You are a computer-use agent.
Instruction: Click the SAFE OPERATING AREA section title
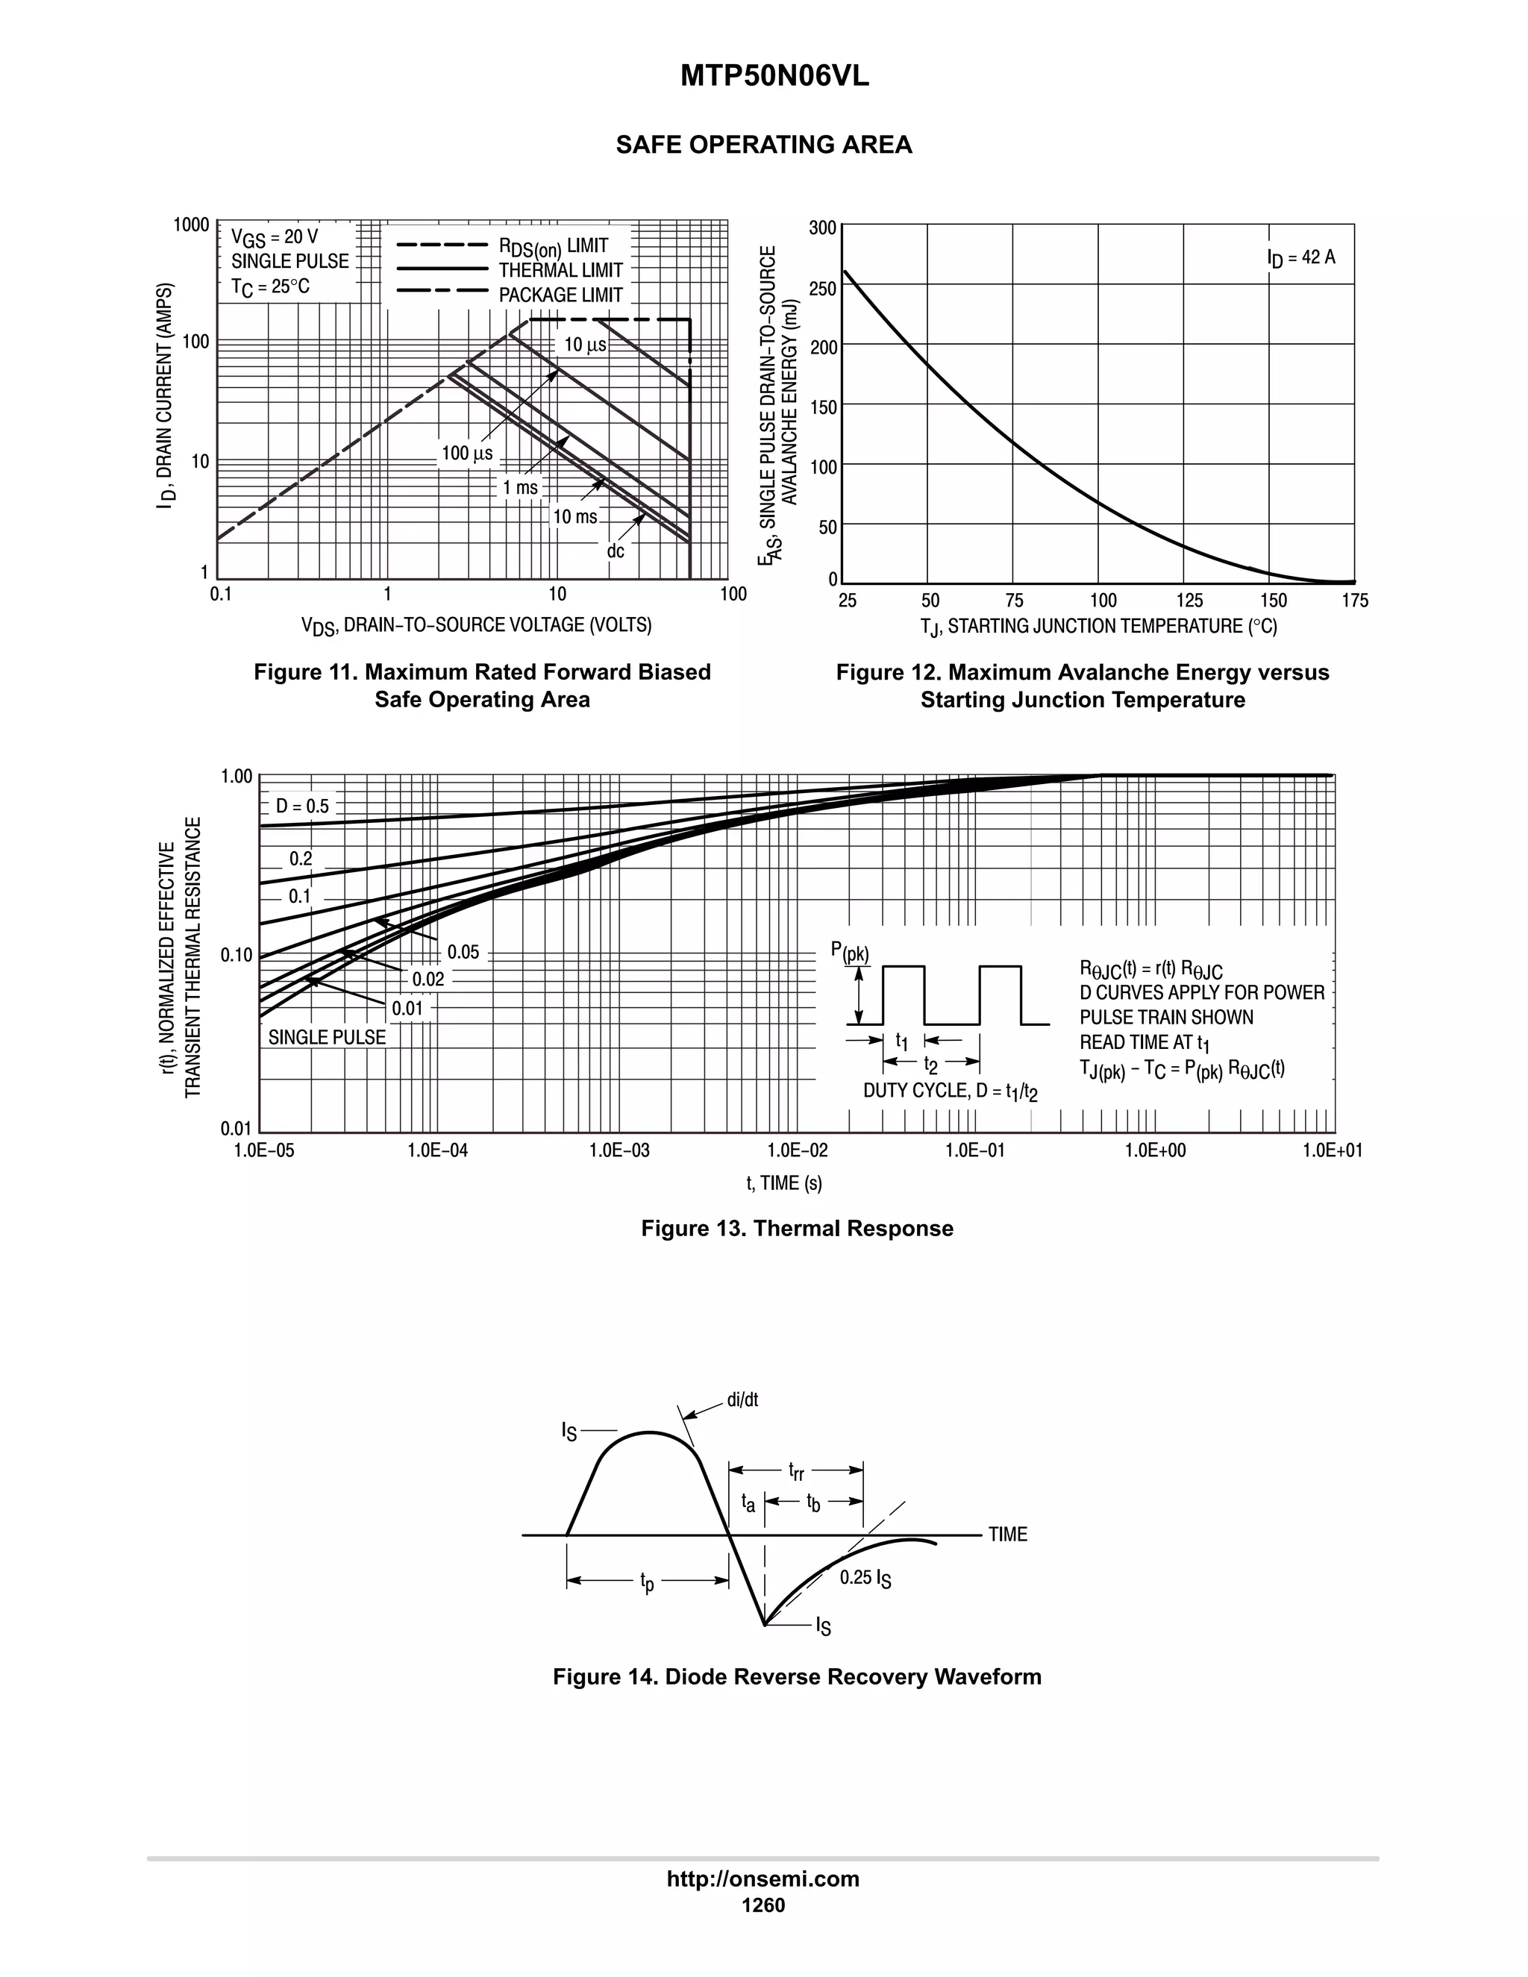tap(763, 145)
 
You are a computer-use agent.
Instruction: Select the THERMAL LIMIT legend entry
tap(560, 271)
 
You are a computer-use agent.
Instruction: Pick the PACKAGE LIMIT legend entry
tap(560, 295)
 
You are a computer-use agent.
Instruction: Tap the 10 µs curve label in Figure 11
tap(585, 345)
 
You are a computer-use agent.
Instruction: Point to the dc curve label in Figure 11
tap(616, 551)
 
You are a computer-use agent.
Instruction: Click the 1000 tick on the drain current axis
tap(192, 225)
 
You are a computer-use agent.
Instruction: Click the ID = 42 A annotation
tap(1300, 258)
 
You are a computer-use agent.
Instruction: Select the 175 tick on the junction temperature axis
tap(1355, 601)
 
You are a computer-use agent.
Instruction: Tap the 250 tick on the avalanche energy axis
tap(823, 289)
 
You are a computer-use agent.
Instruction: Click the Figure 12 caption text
tap(1082, 686)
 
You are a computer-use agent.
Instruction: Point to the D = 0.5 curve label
tap(302, 806)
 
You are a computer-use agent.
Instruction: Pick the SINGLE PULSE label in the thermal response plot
tap(327, 1038)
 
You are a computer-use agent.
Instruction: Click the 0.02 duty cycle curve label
tap(428, 980)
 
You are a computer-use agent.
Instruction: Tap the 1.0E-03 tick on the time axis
tap(619, 1150)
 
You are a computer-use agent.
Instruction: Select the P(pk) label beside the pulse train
tap(849, 951)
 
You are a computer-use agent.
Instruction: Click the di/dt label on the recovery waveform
tap(742, 1400)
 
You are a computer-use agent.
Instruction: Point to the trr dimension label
tap(795, 1471)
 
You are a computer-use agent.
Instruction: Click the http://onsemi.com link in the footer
tap(763, 1879)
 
